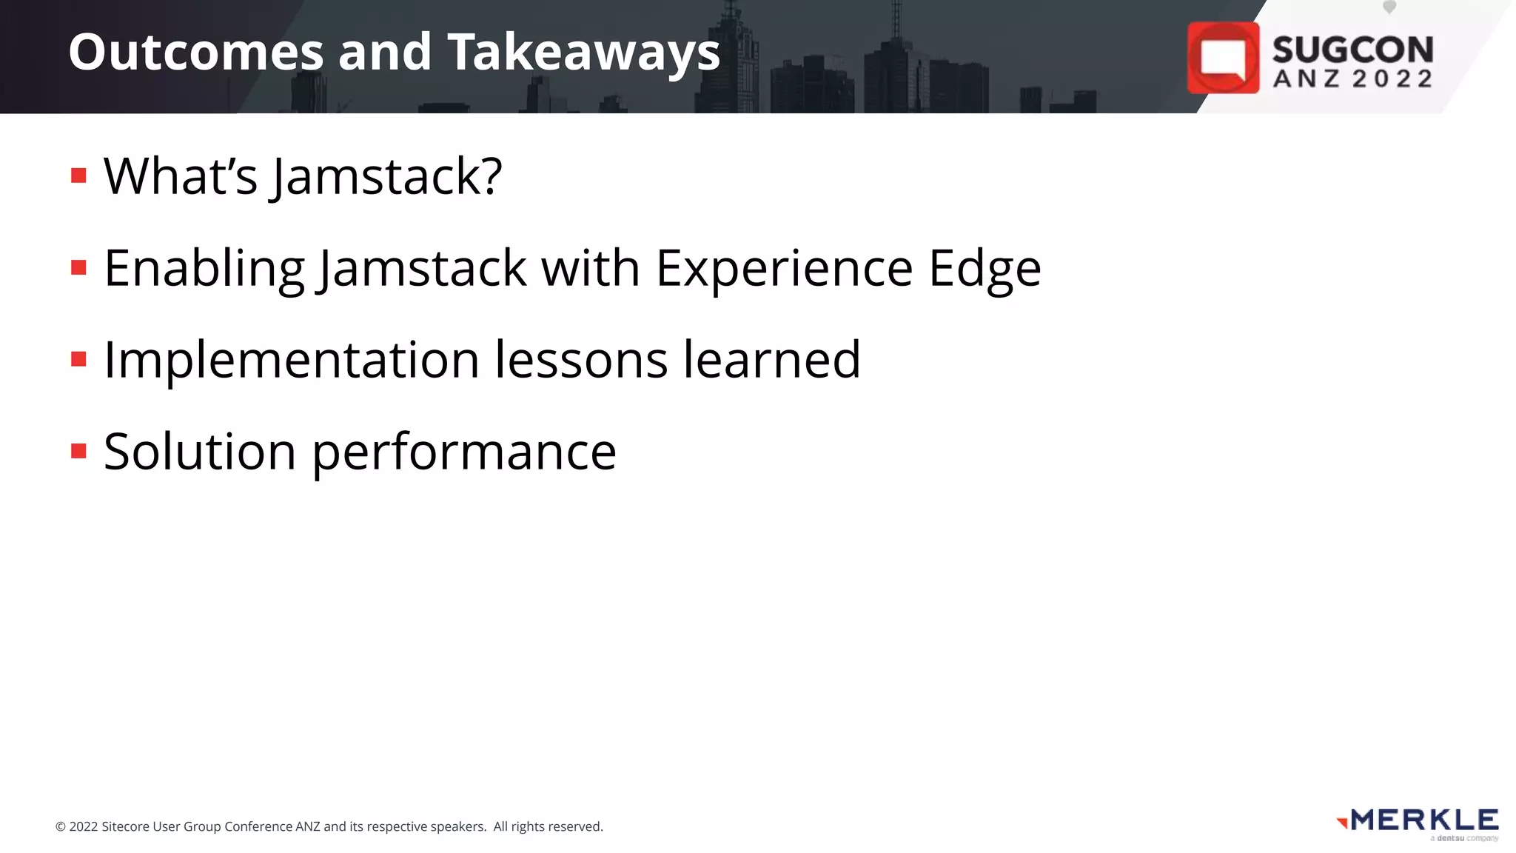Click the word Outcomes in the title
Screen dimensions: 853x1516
coord(196,53)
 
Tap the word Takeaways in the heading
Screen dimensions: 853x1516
coord(583,53)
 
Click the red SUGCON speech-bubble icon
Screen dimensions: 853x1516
coord(1223,58)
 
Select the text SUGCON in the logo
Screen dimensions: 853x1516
coord(1352,50)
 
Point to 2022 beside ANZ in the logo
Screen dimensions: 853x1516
coord(1392,78)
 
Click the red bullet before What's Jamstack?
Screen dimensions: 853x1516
coord(78,175)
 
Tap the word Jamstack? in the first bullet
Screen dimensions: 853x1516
coord(387,177)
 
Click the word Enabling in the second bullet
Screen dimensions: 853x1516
coord(204,269)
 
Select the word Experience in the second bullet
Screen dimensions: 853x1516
coord(784,269)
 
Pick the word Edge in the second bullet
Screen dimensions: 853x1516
coord(985,269)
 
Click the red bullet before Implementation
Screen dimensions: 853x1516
coord(78,360)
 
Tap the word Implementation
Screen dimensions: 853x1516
coord(291,361)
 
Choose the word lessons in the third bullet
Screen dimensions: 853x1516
coord(581,360)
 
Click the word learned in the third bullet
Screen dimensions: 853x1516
coord(771,360)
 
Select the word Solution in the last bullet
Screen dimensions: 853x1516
coord(200,452)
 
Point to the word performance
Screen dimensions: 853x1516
coord(464,453)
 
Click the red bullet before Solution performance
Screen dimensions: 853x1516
coord(78,451)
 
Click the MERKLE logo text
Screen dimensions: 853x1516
coord(1424,820)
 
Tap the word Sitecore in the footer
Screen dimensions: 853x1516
coord(125,826)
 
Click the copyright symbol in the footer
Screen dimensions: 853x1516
coord(61,827)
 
